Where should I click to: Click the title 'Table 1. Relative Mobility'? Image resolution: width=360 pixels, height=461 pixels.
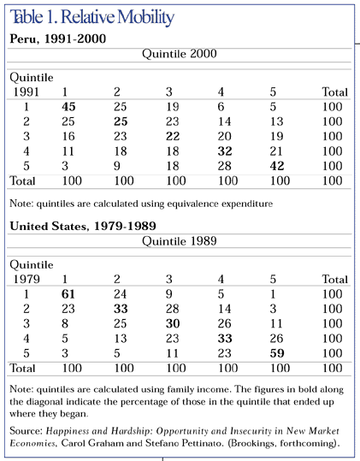pos(92,17)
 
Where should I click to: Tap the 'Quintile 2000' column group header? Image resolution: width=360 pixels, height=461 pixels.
pos(179,53)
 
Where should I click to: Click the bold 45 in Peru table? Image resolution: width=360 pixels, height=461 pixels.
pos(69,106)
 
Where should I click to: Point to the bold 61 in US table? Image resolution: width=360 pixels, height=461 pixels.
pos(69,294)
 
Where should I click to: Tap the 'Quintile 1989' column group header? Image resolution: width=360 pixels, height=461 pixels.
pos(179,241)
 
